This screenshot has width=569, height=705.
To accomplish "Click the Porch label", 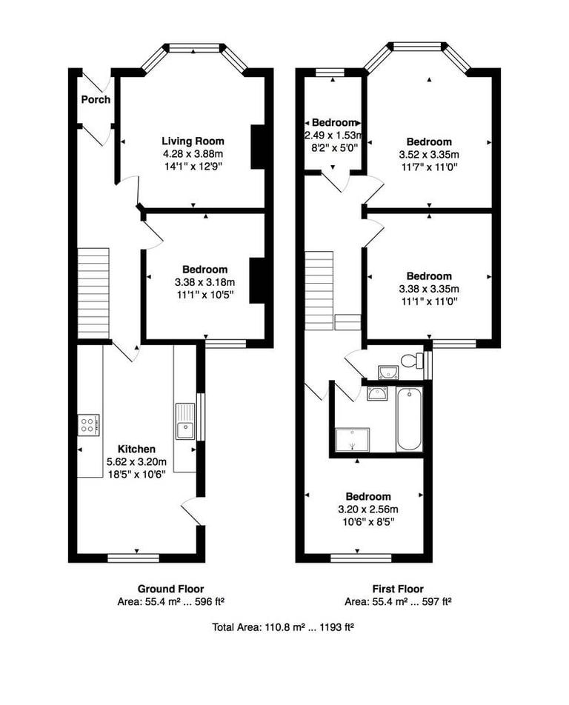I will click(96, 99).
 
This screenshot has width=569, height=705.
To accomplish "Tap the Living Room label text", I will click(193, 141).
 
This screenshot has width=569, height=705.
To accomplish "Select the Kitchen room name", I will click(136, 449).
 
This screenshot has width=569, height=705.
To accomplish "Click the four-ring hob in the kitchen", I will click(87, 425).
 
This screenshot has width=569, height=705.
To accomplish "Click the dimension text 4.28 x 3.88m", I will click(193, 153).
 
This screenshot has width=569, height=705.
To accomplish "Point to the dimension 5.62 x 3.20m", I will click(136, 461).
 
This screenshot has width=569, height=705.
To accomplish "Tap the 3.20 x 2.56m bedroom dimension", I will click(368, 509).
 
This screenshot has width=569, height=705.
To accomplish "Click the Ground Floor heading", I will click(171, 589).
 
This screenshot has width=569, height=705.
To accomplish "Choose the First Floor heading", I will click(399, 589).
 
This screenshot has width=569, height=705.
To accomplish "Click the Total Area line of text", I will click(283, 627).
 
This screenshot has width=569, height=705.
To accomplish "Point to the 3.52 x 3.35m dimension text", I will click(429, 154).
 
